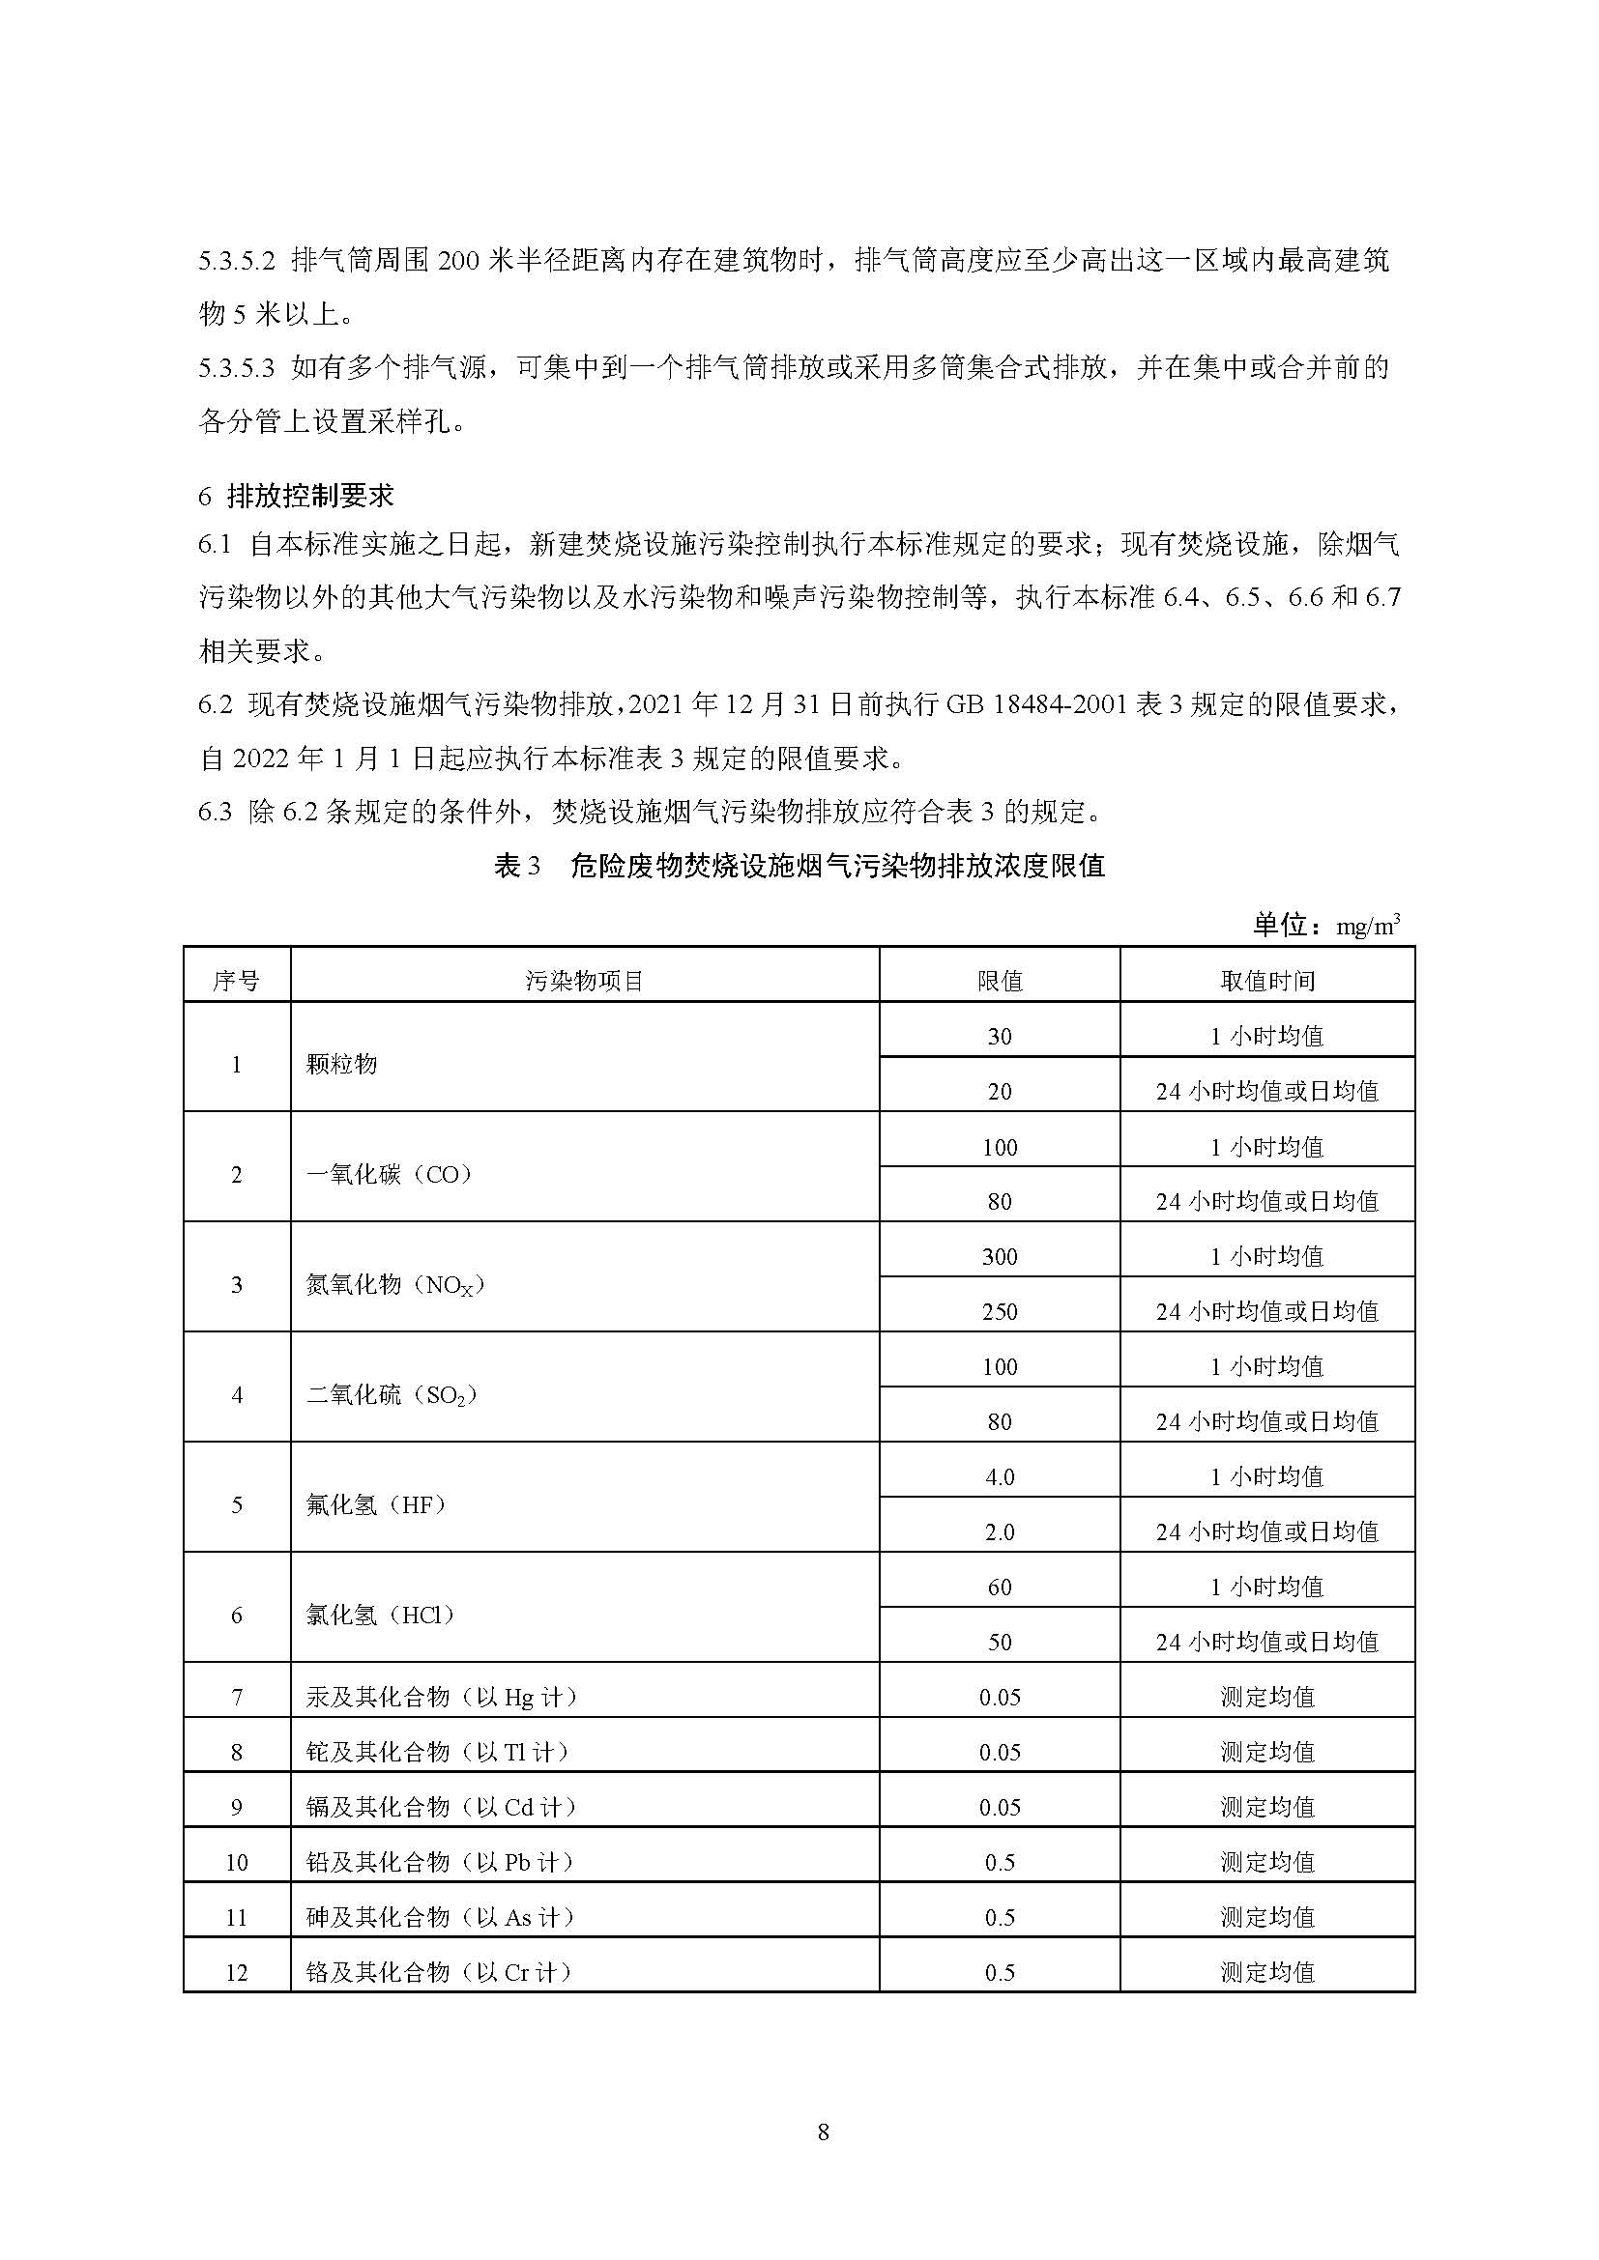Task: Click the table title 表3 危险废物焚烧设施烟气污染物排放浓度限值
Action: [799, 866]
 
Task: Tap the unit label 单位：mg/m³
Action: [1325, 925]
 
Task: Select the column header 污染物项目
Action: [584, 981]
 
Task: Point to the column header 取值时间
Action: [1267, 981]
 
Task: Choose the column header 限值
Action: [1000, 981]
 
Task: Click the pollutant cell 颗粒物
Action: [341, 1064]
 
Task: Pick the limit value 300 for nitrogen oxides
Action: [1000, 1256]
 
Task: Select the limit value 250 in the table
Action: [1000, 1311]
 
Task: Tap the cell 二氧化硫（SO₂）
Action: [391, 1395]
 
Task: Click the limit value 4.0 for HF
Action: [1000, 1476]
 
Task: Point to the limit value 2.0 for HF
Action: [1000, 1531]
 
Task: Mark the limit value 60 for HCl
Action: [1000, 1587]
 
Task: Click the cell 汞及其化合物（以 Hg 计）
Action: [441, 1697]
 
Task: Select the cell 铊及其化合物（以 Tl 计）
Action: [438, 1752]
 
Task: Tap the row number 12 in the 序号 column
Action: [236, 1973]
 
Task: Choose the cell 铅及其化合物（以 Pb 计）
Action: [440, 1862]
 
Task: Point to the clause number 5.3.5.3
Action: [235, 368]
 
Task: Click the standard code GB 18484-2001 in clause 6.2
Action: [1035, 704]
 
